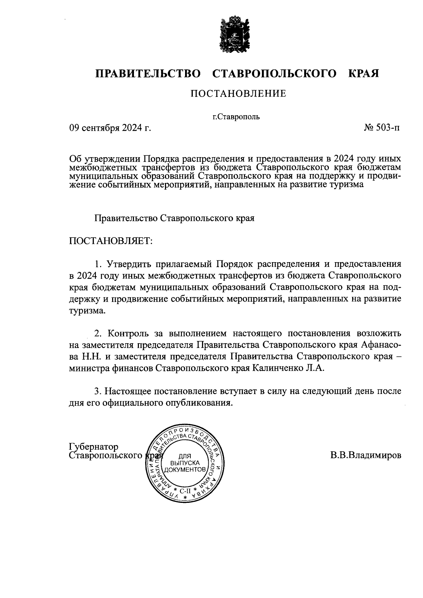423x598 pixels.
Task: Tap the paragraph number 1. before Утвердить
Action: click(98, 264)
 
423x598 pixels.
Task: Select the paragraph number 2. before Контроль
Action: click(98, 333)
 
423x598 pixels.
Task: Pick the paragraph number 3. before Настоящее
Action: click(98, 391)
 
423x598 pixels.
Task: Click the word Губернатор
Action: click(94, 447)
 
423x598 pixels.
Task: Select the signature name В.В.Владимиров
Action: click(366, 455)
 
